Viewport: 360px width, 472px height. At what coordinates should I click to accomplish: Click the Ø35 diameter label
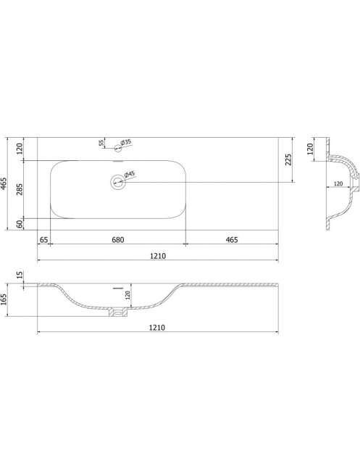coord(126,142)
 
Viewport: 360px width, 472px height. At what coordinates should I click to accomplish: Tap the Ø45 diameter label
coord(130,175)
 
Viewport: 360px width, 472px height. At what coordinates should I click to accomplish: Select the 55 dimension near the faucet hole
coord(101,143)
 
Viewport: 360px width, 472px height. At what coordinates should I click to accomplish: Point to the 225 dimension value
coord(288,160)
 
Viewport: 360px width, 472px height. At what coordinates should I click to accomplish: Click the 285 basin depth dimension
coord(20,189)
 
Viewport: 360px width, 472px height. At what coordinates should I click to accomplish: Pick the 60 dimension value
coord(20,224)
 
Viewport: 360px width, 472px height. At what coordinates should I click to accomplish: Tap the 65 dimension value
coord(43,239)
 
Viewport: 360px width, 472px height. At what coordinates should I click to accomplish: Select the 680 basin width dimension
coord(118,239)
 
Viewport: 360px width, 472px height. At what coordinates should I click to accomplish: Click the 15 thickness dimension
coord(20,275)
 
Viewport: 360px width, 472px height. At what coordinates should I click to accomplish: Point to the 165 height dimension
coord(4,299)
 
